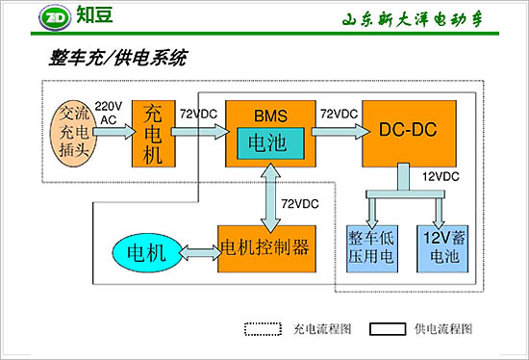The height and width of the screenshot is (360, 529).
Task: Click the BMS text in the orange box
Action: (x=270, y=116)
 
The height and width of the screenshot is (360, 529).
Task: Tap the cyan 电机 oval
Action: (x=148, y=253)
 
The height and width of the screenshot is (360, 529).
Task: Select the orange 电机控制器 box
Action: (x=264, y=247)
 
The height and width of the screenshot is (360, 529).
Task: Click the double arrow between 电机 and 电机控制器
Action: (x=200, y=252)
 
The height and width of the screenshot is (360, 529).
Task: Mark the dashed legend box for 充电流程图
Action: (x=261, y=328)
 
